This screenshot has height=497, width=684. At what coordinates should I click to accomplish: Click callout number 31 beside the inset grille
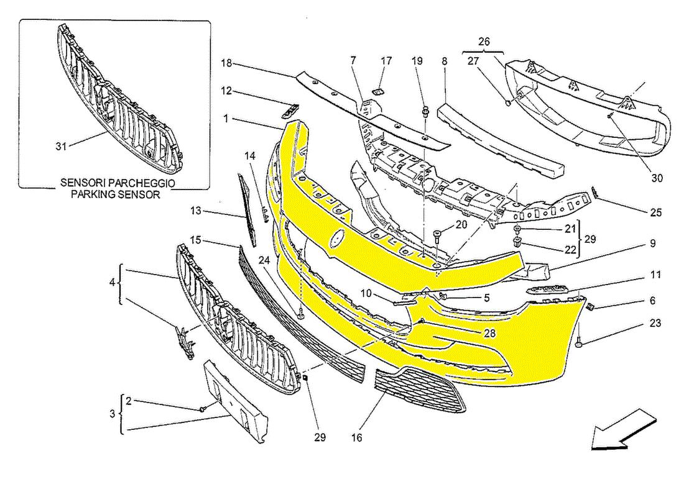point(60,147)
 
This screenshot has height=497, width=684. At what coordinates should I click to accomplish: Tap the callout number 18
point(226,63)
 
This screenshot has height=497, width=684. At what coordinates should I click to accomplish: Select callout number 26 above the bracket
point(484,42)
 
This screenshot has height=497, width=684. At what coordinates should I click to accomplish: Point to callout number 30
point(657,178)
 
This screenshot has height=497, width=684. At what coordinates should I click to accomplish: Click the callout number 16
point(356,438)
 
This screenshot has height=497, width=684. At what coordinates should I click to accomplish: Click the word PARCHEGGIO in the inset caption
point(144,183)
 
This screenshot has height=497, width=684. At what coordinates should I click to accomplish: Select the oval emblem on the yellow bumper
point(338,240)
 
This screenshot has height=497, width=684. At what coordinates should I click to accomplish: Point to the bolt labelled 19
point(425,112)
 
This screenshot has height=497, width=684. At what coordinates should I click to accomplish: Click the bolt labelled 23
point(579,342)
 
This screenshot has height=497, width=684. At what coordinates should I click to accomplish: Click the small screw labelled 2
point(203,409)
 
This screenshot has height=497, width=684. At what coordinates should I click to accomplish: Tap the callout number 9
point(653,244)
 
